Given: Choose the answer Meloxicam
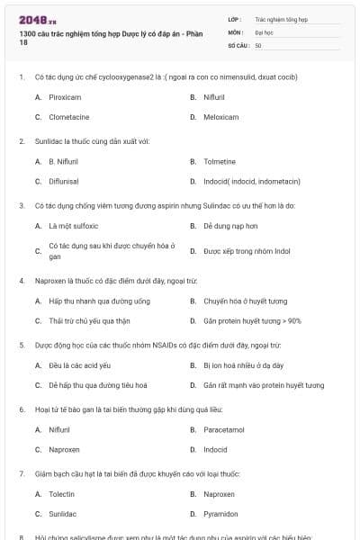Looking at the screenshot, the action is pyautogui.click(x=220, y=117).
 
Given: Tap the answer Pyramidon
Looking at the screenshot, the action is pyautogui.click(x=221, y=514).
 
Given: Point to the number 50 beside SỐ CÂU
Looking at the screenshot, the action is pyautogui.click(x=258, y=44).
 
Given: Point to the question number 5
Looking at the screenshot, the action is pyautogui.click(x=21, y=345).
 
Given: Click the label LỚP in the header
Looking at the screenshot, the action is pyautogui.click(x=234, y=19).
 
